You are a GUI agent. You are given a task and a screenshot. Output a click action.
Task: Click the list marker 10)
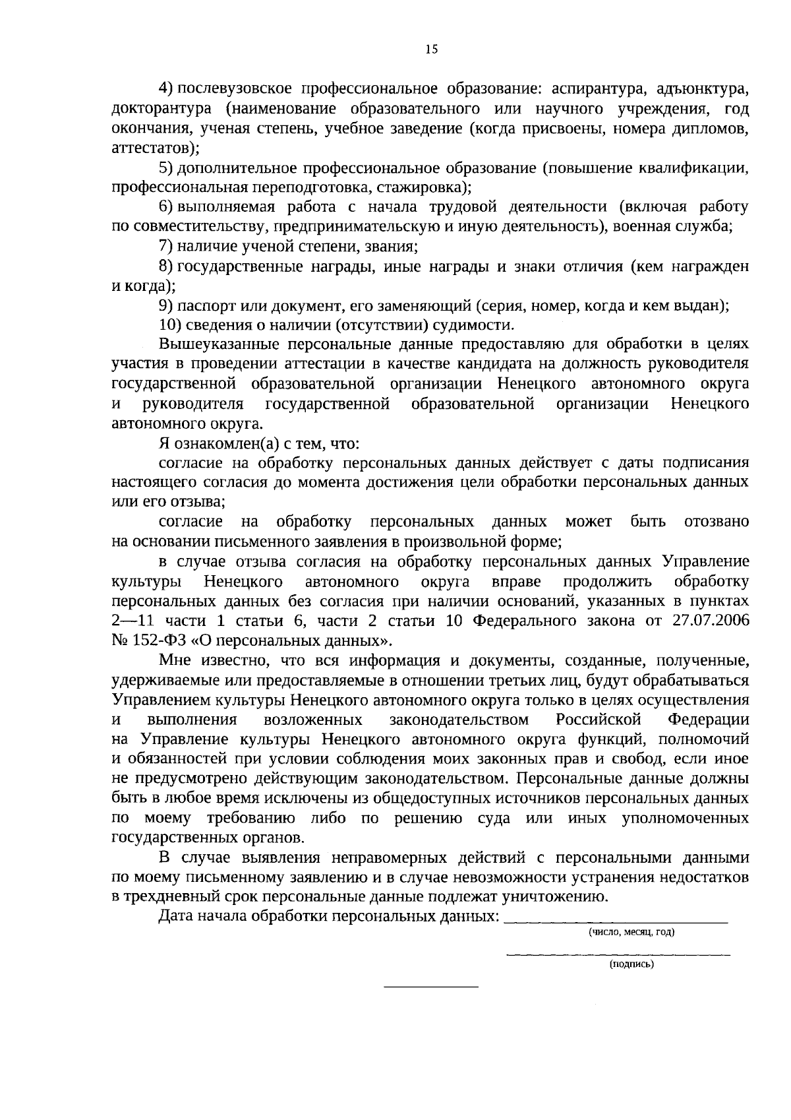[171, 325]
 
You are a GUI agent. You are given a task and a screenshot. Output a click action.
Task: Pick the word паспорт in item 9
[203, 305]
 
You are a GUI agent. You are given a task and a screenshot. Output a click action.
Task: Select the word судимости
[478, 325]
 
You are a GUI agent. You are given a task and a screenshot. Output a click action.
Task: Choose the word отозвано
[717, 522]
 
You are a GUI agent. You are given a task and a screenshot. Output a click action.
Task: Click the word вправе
[516, 582]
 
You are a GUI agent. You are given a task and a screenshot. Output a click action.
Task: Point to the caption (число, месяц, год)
[631, 932]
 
